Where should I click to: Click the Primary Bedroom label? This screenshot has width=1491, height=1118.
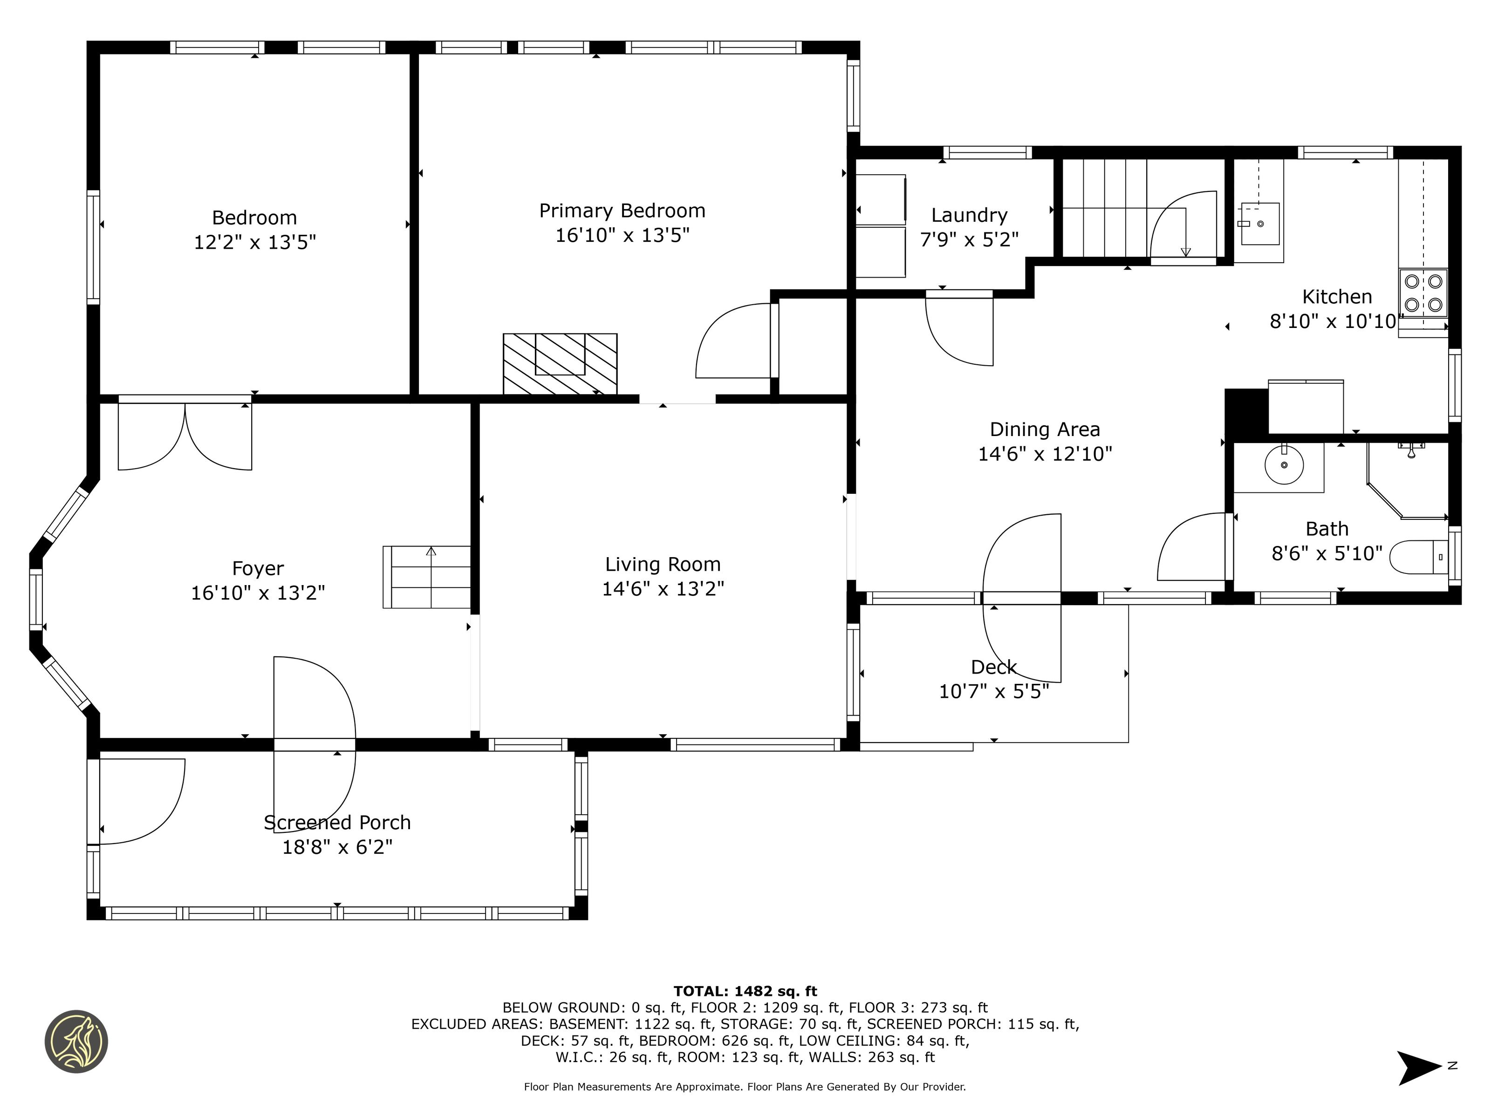point(622,211)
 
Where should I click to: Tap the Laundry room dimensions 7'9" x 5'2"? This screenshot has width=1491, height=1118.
point(969,239)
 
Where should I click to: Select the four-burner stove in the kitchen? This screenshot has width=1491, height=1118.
point(1423,293)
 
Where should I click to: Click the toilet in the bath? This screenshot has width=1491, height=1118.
point(1418,557)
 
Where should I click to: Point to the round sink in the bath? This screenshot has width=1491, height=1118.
point(1284,464)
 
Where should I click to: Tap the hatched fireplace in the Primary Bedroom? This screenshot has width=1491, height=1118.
point(560,364)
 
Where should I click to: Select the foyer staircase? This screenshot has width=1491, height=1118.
point(427,577)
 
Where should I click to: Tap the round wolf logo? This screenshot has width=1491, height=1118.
point(76,1041)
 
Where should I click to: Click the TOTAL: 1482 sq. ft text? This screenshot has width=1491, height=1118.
point(745,991)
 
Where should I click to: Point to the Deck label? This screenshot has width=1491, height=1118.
point(993,667)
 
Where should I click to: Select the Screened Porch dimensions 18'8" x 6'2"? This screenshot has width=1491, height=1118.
point(337,847)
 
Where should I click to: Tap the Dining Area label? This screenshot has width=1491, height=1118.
point(1045,429)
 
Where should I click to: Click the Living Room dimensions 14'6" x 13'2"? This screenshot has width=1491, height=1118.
point(663,589)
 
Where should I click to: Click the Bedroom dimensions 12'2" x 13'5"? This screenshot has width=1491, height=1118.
point(255,242)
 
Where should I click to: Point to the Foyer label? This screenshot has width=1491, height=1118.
point(258,569)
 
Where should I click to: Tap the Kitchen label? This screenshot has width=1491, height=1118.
point(1337,297)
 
